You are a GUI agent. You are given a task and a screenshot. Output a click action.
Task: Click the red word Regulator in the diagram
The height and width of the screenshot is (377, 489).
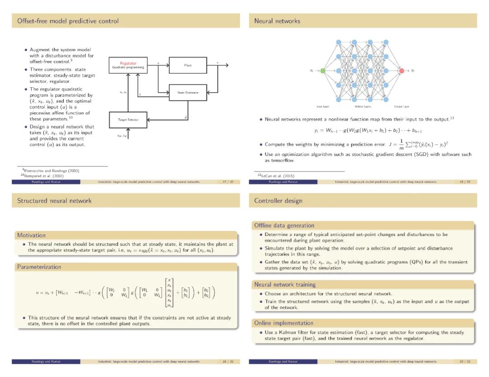[128, 63]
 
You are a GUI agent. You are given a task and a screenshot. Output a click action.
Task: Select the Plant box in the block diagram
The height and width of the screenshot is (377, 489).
[188, 66]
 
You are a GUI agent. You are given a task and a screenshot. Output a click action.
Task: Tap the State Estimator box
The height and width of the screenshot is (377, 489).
[188, 93]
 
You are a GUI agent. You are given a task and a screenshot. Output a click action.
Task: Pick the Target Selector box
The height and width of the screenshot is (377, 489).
[128, 120]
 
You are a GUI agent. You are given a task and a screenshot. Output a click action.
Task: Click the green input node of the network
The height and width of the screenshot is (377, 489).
[323, 71]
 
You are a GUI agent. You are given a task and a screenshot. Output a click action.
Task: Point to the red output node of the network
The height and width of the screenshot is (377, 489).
[402, 71]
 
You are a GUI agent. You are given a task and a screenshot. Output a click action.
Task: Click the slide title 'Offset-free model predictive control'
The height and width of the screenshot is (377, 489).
[68, 21]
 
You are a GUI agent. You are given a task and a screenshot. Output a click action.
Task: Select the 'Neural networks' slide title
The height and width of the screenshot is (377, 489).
[277, 21]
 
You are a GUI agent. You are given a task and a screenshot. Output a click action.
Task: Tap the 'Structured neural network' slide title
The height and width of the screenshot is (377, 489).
[54, 201]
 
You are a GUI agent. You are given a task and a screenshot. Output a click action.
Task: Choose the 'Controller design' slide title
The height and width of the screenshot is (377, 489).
[278, 201]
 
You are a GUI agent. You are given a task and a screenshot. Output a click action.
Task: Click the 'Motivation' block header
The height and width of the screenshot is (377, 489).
[31, 235]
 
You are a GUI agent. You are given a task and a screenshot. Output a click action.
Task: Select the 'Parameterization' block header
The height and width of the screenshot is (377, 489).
[39, 267]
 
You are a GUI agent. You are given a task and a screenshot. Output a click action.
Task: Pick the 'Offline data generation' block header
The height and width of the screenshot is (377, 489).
[284, 225]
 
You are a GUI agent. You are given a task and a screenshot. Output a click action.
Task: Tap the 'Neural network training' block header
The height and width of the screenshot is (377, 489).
[285, 284]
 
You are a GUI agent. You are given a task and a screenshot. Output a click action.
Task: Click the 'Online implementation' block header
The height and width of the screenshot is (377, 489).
[283, 323]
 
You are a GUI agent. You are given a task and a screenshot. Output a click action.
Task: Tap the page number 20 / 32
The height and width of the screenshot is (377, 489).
[465, 361]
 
